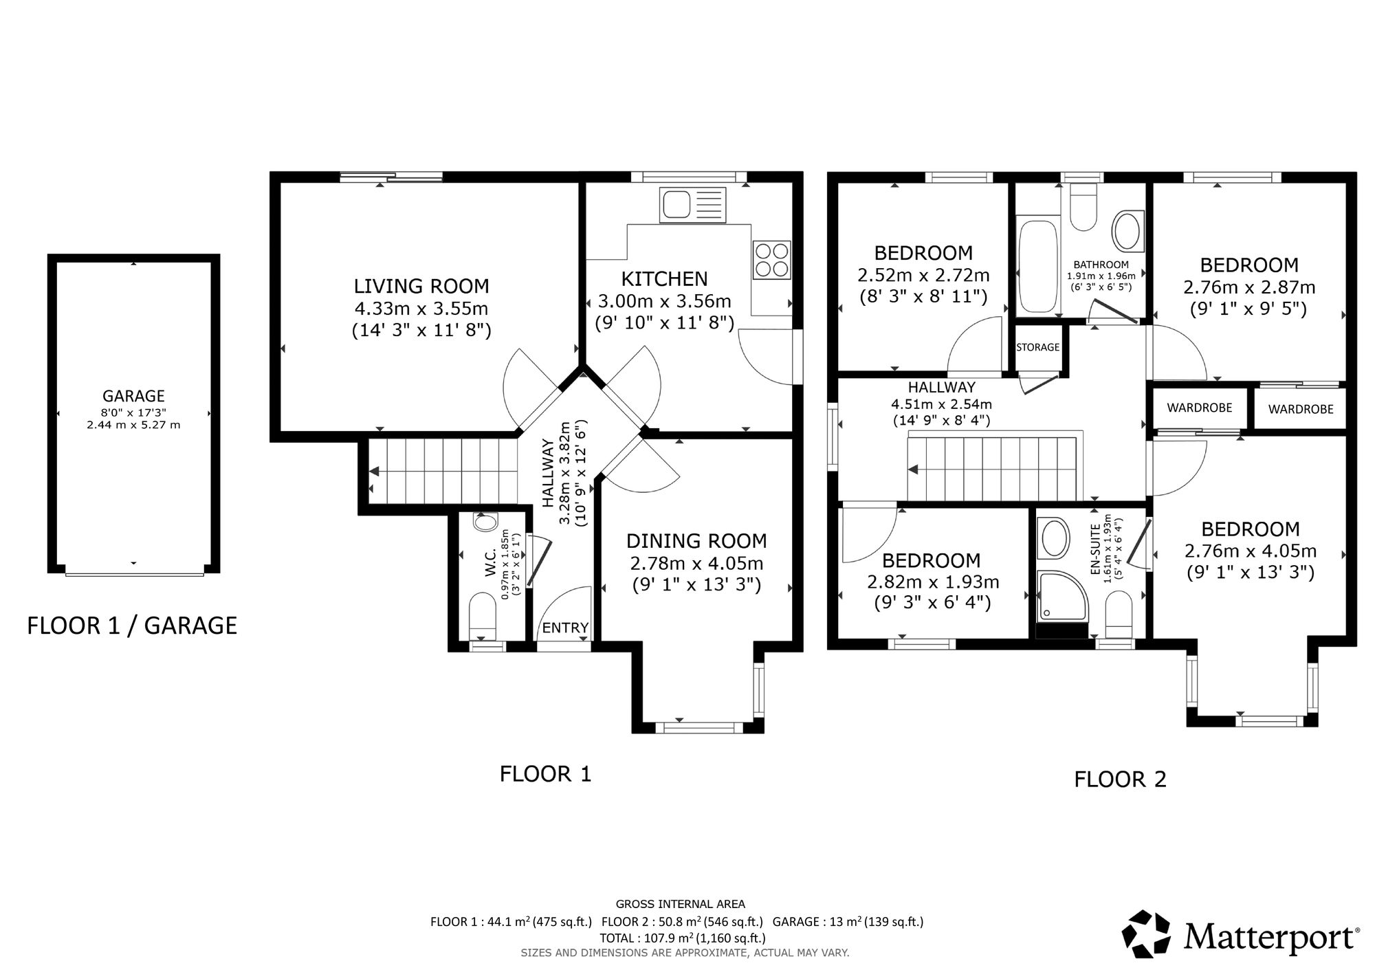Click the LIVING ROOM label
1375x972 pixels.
pyautogui.click(x=421, y=286)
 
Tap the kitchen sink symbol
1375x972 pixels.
pyautogui.click(x=692, y=204)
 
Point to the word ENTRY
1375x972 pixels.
pyautogui.click(x=565, y=628)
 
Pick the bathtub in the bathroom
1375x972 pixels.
pyautogui.click(x=1037, y=267)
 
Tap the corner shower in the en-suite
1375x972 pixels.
pyautogui.click(x=1063, y=595)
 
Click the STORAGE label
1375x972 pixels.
pyautogui.click(x=1038, y=347)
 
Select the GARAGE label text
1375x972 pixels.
pyautogui.click(x=133, y=396)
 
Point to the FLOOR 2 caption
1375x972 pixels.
pyautogui.click(x=1121, y=779)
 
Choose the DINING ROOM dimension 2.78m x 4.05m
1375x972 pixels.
pyautogui.click(x=696, y=564)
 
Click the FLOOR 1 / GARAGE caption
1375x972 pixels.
pyautogui.click(x=132, y=626)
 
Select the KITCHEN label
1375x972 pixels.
pyautogui.click(x=664, y=278)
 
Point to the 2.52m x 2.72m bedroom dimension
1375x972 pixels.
pyautogui.click(x=923, y=276)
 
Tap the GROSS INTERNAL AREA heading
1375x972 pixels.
pyautogui.click(x=681, y=905)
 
